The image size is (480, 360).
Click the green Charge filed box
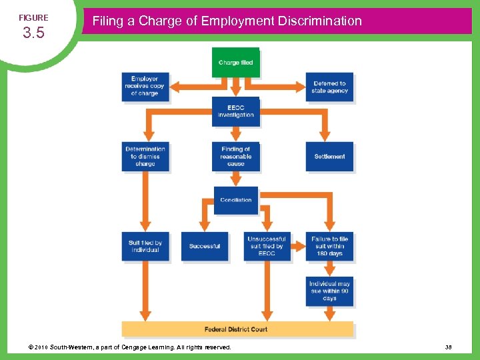(x=236, y=63)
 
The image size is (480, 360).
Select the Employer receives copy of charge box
(x=144, y=87)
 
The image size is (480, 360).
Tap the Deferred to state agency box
(x=329, y=87)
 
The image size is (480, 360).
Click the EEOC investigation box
(x=235, y=111)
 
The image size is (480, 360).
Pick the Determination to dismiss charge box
(x=145, y=157)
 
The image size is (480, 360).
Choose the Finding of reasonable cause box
(x=235, y=157)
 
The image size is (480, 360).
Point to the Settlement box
(x=329, y=157)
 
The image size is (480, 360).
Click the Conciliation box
(x=235, y=199)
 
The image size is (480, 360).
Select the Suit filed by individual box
(x=145, y=246)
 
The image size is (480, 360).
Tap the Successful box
(x=204, y=246)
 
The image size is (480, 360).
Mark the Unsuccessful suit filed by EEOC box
(x=267, y=246)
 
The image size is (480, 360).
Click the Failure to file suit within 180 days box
(x=329, y=246)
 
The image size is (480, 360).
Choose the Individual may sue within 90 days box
(x=329, y=291)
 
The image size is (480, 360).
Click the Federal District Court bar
(x=237, y=329)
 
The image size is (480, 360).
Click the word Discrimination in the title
(x=319, y=21)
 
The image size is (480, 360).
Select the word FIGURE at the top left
(x=33, y=17)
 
